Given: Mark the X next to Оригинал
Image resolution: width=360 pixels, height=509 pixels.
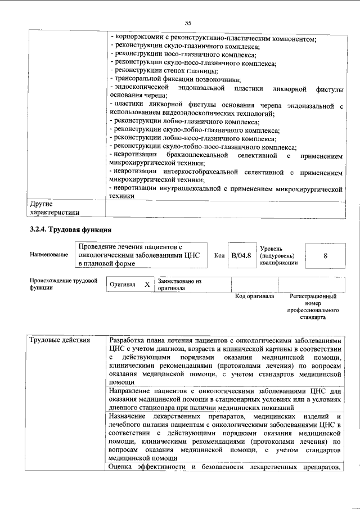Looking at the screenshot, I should (x=147, y=285).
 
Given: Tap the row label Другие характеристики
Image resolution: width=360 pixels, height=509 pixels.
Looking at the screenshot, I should (x=54, y=208).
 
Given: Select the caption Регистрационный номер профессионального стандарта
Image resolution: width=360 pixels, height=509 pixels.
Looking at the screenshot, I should (x=313, y=307).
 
